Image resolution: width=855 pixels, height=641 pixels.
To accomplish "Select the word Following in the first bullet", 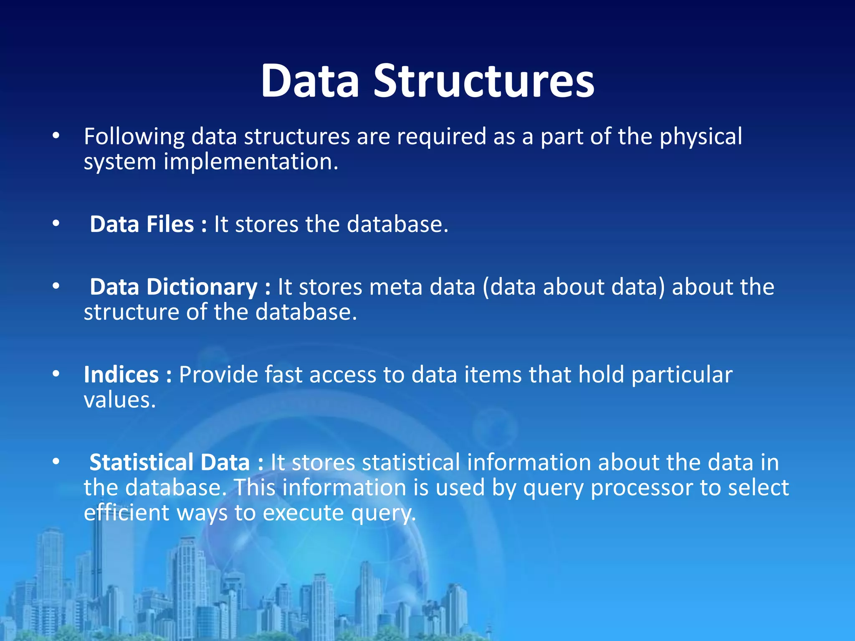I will pyautogui.click(x=134, y=137).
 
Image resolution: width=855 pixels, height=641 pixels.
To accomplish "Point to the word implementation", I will pyautogui.click(x=250, y=162).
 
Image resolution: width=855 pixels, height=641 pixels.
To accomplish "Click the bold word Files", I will pyautogui.click(x=170, y=224).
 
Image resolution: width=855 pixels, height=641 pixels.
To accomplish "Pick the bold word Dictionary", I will pyautogui.click(x=202, y=287).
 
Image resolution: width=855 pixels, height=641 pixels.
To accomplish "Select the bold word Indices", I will pyautogui.click(x=121, y=375).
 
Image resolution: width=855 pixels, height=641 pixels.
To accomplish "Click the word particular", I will pyautogui.click(x=682, y=375).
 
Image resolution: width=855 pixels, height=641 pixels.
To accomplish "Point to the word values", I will pyautogui.click(x=119, y=400).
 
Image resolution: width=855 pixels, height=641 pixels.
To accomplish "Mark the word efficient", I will pyautogui.click(x=126, y=513).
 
